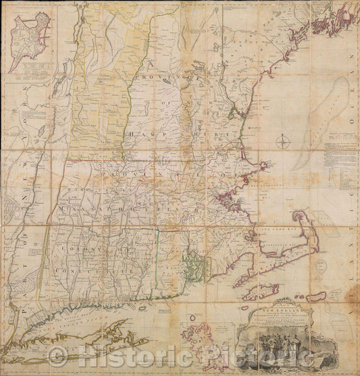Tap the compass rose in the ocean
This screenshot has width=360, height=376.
(284, 142)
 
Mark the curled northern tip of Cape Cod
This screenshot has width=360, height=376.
(298, 215)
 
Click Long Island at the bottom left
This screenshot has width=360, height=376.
(68, 338)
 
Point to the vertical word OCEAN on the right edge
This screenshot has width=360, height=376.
(349, 81)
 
